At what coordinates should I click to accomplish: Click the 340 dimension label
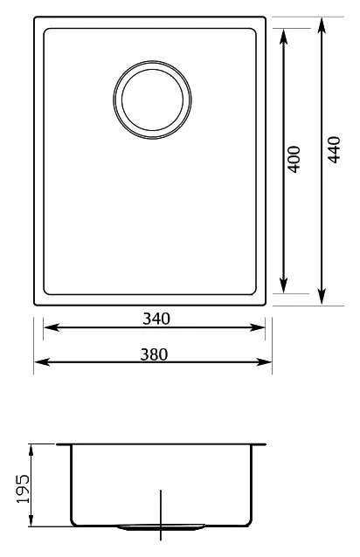[x=156, y=319]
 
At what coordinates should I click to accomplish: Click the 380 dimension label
[x=154, y=354]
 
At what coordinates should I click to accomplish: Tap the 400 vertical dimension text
[x=294, y=160]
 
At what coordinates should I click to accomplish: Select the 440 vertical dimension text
[x=334, y=149]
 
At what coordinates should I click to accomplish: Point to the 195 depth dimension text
[x=24, y=488]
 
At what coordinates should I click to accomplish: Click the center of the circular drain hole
[x=152, y=100]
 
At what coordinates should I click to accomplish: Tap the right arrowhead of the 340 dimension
[x=257, y=327]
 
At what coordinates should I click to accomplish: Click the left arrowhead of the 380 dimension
[x=42, y=362]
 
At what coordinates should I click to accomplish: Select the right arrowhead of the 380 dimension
[x=264, y=362]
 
